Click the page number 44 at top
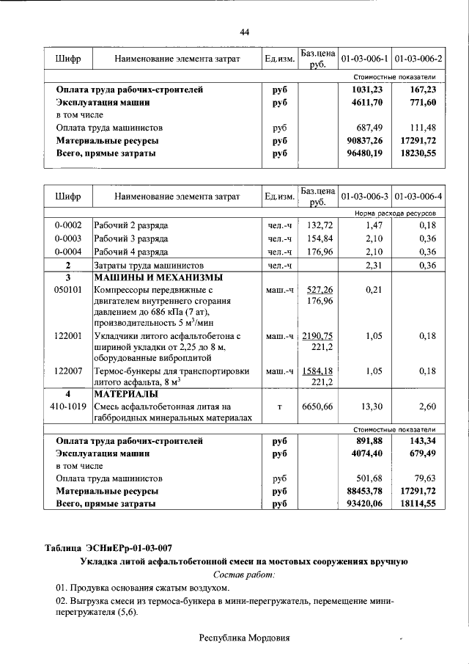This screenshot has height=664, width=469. [x=245, y=31]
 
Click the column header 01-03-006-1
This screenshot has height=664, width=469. [x=364, y=57]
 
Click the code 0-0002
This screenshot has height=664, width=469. [x=67, y=225]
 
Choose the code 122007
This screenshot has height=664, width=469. [x=67, y=371]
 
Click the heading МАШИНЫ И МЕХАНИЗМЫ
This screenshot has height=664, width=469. [x=158, y=278]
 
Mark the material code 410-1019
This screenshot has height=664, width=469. [x=67, y=406]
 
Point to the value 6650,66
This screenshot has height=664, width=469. [x=317, y=406]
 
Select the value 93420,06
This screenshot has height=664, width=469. [x=364, y=505]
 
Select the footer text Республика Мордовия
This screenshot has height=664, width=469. [x=245, y=638]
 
